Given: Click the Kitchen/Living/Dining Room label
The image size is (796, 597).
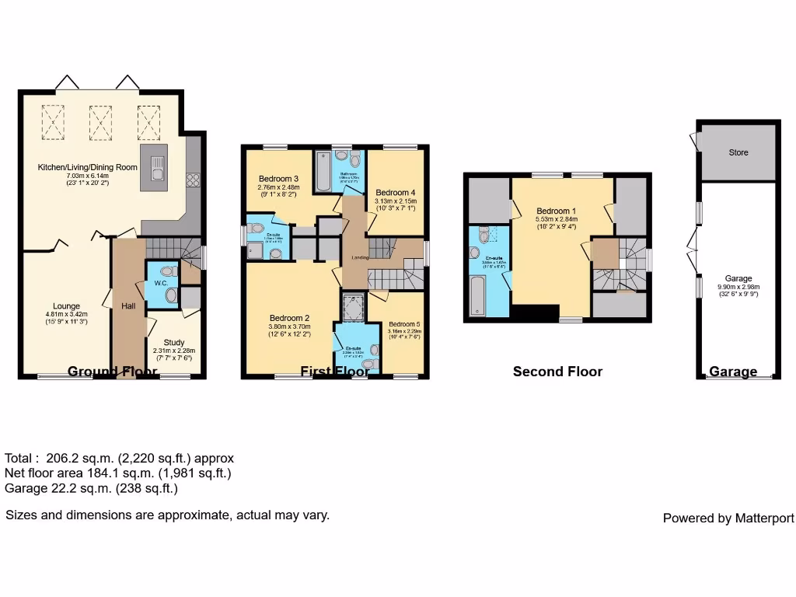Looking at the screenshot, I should coord(88,167).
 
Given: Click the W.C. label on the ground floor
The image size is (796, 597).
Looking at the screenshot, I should coord(161,284).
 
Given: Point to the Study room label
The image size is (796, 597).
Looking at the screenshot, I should coord(174,342).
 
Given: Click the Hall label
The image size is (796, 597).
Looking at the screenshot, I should coord(128,306).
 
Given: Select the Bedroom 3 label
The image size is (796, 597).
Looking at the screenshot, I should coord(278,180).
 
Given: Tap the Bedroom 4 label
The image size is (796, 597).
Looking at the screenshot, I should coord(396,193).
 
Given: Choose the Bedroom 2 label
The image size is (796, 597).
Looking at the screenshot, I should coord(290,318).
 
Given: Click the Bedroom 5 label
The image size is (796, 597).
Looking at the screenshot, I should coord(404,324).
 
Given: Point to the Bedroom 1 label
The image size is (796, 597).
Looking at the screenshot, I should coord(557,211).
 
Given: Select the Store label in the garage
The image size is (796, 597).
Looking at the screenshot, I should coord(738,152).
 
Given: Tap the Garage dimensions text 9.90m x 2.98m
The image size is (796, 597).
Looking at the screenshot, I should coord(738,287).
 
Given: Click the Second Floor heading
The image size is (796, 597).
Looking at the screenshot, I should coord(557,372).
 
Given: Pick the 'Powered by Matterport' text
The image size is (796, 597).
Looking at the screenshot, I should coord(728,518).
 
